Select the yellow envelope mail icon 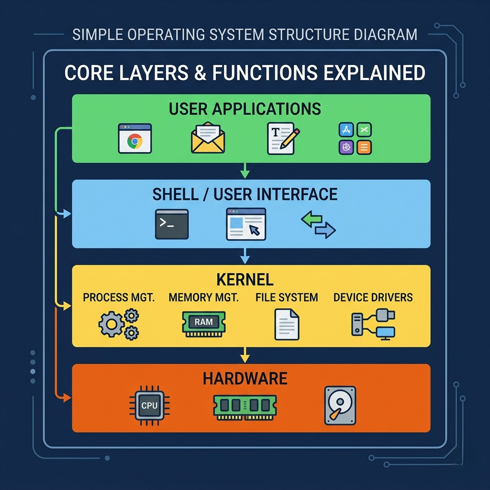pos(208,138)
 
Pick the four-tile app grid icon pos(355,138)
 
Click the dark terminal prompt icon pos(172,224)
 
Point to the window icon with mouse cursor pos(246,224)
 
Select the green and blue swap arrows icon pos(318,225)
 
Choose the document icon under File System pos(287,324)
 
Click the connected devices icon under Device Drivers pos(373,324)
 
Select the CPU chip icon pos(149,405)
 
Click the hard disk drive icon pos(340,405)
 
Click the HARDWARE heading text pos(245,379)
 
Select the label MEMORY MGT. pos(203,297)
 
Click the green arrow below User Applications pos(245,169)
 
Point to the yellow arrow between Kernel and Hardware pos(245,355)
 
